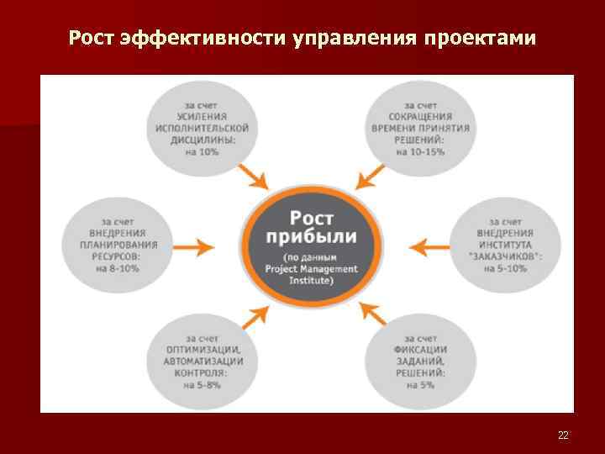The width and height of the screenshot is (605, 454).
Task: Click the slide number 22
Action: point(563,435)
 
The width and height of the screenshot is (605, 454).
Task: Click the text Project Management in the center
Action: point(309,269)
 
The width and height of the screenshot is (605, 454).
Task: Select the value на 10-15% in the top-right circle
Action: point(420,152)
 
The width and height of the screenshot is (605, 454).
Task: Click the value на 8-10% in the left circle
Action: point(118,268)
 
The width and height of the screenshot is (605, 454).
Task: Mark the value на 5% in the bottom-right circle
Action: point(420,385)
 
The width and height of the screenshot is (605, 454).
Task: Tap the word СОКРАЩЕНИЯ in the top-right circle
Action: point(420,117)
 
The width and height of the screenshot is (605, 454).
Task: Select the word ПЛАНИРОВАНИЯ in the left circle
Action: point(118,245)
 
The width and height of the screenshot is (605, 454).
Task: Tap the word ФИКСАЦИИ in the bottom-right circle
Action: point(420,350)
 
